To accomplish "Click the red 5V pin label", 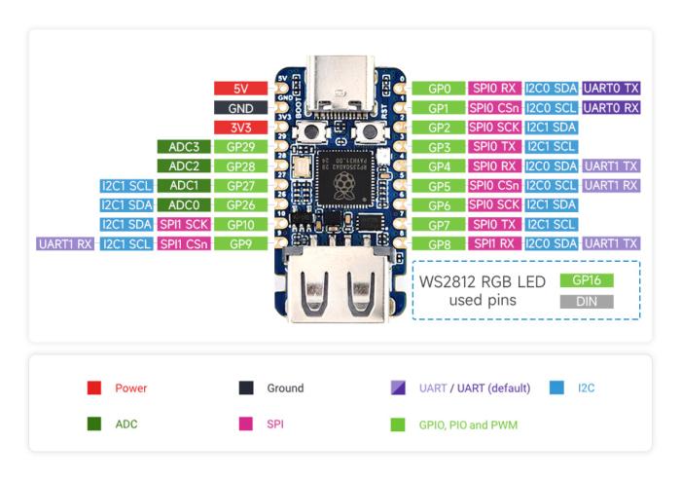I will pos(240,89).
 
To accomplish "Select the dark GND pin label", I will pos(240,108).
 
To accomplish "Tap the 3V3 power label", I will pos(240,128).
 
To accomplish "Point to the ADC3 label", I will pos(184,147).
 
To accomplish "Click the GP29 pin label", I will pos(240,147).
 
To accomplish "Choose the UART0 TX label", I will pos(611,89).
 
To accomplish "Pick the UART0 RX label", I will pos(611,108).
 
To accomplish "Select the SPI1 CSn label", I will pos(184,243).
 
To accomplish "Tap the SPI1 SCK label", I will pos(184,224).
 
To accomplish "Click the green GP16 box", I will pos(587,279).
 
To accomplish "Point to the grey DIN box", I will pos(587,302).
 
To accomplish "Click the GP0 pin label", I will pos(438,89).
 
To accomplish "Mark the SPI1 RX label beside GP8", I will pos(494,243).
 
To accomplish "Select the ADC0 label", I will pos(184,204).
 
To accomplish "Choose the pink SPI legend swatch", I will pos(245,424).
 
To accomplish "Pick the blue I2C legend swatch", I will pos(557,387).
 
